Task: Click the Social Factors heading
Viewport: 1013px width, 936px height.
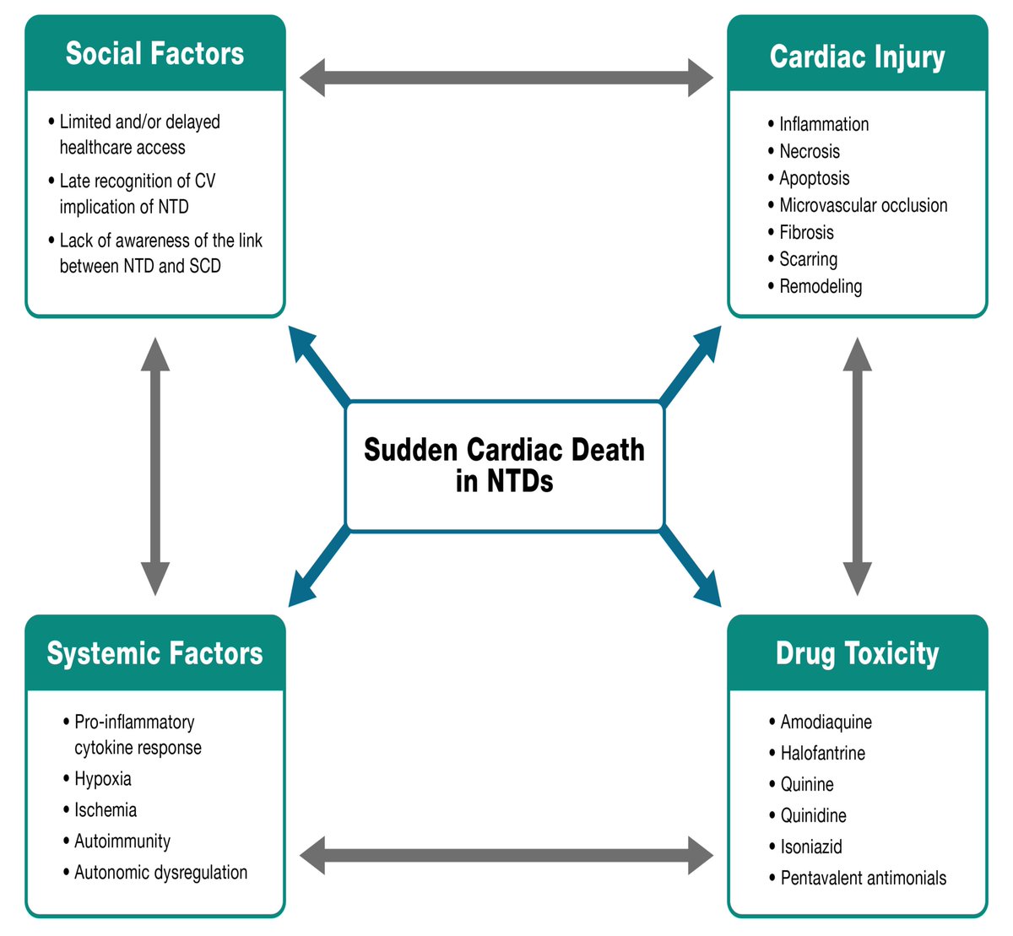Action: (155, 53)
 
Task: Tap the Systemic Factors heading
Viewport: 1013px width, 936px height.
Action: (155, 653)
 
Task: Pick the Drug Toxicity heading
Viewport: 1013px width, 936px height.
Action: (857, 653)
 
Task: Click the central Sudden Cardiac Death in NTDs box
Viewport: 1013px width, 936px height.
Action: (505, 465)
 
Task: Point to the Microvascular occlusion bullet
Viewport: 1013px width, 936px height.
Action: (863, 205)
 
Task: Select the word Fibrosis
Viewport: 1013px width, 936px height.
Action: (806, 232)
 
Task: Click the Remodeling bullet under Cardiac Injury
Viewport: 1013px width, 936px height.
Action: (821, 286)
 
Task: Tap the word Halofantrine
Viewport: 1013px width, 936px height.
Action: (822, 753)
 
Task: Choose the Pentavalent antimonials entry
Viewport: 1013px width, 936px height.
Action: (863, 878)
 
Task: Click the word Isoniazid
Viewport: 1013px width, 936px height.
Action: (811, 847)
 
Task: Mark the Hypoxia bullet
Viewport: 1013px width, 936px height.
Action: (103, 778)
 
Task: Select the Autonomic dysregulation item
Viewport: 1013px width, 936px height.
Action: (160, 872)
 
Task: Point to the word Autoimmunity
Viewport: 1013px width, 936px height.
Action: (122, 841)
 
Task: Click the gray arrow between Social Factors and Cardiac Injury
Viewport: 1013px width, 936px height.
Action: (506, 78)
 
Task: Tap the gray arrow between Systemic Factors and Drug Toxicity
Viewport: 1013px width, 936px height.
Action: (506, 855)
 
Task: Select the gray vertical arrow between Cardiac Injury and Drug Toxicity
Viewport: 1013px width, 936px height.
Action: (858, 466)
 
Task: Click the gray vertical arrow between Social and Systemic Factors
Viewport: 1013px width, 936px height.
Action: (155, 466)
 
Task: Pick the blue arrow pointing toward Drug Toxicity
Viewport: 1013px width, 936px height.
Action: (691, 565)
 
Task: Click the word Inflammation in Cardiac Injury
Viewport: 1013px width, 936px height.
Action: (824, 124)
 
